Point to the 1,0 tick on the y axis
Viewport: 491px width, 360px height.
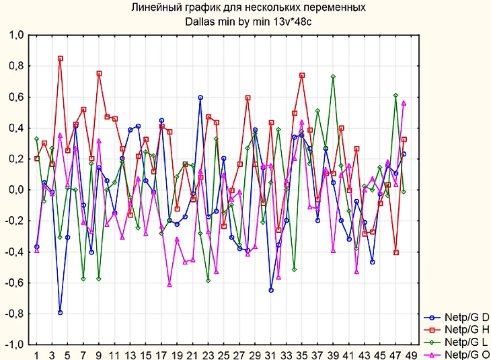[15, 35]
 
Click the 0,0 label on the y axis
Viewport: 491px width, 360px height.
[15, 190]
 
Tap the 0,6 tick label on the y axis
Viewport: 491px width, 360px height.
[15, 97]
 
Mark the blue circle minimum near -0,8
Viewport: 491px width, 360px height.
[60, 312]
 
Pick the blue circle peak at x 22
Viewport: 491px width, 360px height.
[200, 98]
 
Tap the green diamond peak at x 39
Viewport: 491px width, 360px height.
[333, 77]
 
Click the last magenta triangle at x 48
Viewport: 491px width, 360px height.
[404, 103]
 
